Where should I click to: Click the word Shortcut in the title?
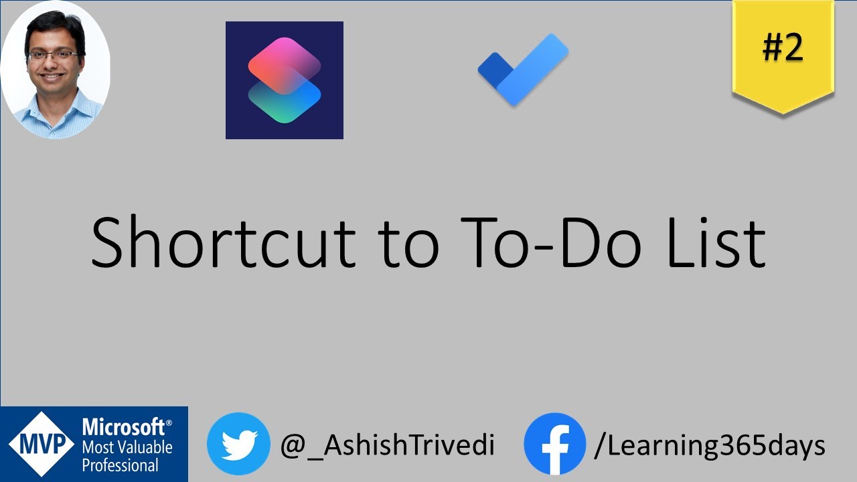[x=222, y=242]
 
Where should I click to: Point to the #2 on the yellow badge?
[x=783, y=48]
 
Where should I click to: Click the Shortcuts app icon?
[x=285, y=80]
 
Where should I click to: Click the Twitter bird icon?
[x=238, y=444]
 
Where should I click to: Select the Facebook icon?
[x=554, y=444]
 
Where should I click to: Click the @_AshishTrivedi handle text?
[x=387, y=445]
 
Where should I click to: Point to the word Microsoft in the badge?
[x=124, y=427]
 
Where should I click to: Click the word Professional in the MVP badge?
[x=121, y=464]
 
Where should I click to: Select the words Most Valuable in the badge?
[x=127, y=447]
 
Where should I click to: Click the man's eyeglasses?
[x=54, y=55]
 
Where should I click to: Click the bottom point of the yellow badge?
[x=783, y=112]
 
